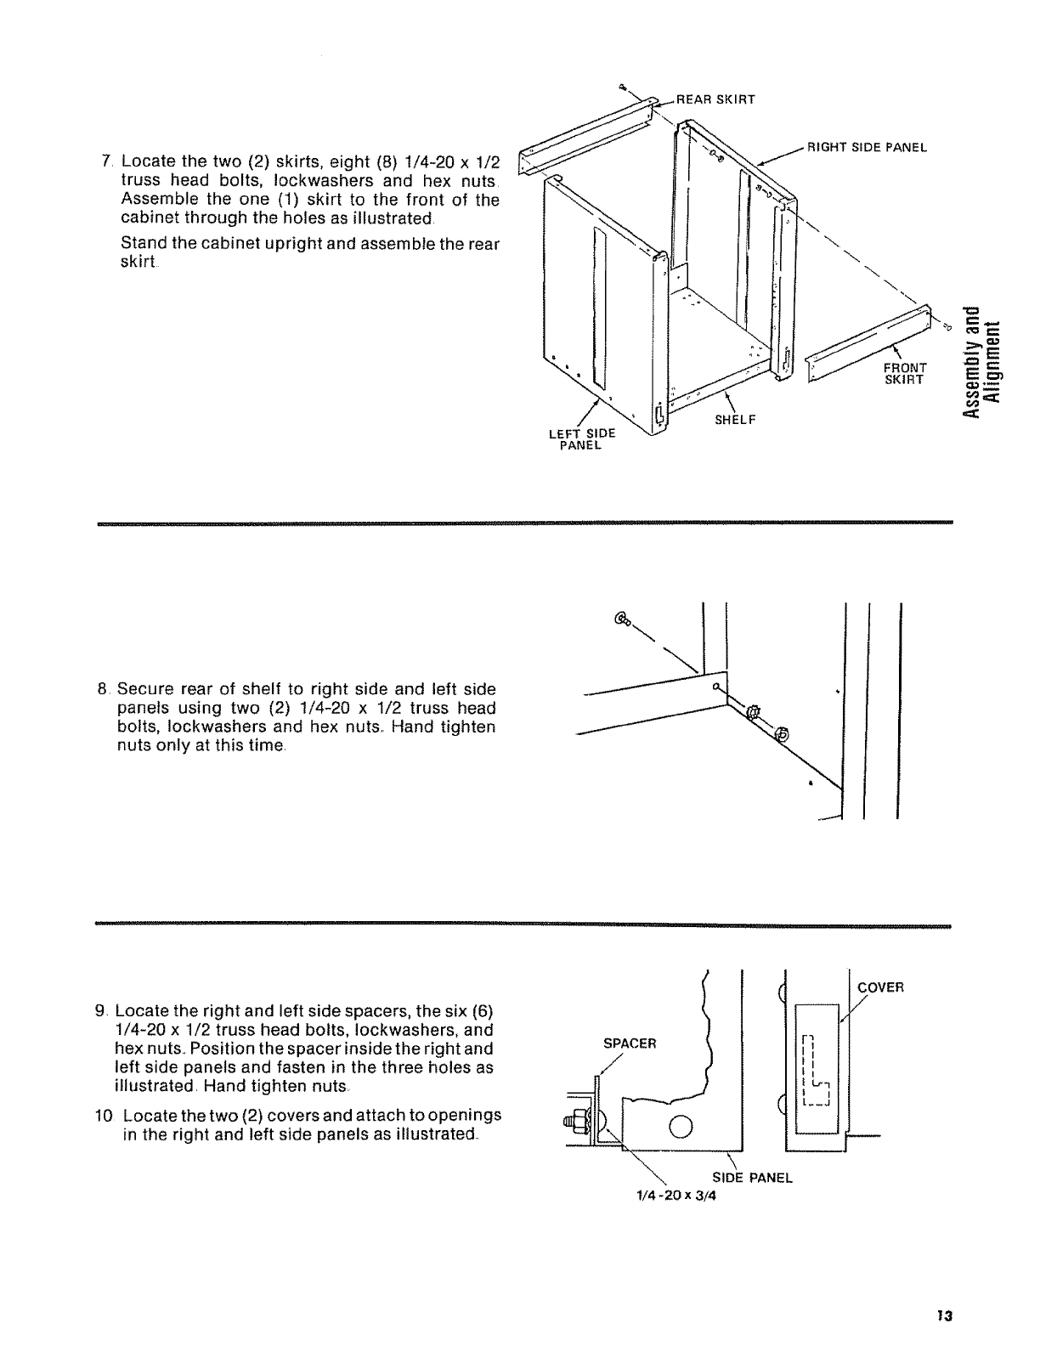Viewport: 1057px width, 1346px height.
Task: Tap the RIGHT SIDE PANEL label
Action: coord(866,146)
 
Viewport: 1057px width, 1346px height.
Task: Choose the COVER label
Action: coord(880,987)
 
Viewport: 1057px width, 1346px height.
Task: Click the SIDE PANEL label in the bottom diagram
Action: coord(751,1178)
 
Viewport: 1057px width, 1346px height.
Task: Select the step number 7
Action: coord(106,162)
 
